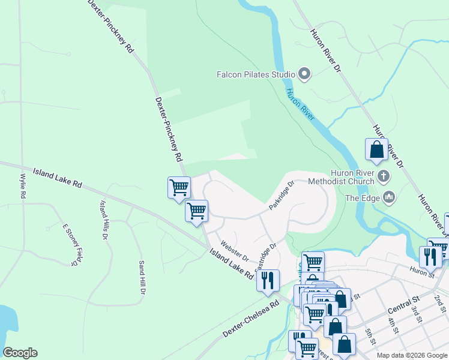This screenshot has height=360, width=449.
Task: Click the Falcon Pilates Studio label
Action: click(x=256, y=74)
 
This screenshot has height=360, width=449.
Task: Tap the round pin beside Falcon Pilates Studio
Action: click(x=304, y=74)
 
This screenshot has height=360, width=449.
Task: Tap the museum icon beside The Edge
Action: click(x=388, y=196)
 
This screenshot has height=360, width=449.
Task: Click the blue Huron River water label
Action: click(x=300, y=105)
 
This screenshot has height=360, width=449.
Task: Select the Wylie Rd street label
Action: click(x=23, y=186)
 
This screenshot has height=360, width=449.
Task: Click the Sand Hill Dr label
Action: click(x=142, y=278)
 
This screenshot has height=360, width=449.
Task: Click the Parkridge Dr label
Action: click(x=282, y=195)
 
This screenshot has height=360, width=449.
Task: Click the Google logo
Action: click(x=20, y=353)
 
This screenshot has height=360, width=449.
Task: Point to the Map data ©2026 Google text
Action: click(x=411, y=355)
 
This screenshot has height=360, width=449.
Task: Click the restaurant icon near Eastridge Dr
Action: click(x=268, y=280)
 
